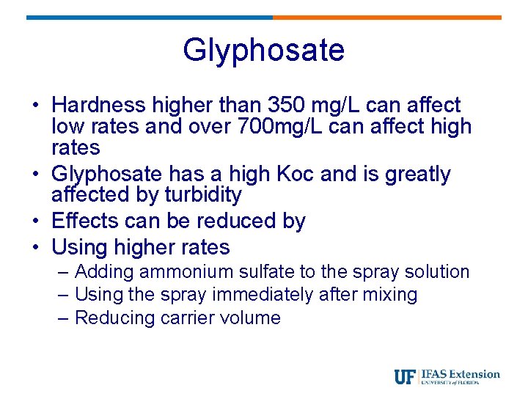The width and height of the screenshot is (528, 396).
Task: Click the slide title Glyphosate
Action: click(263, 51)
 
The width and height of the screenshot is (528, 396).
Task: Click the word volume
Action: click(244, 318)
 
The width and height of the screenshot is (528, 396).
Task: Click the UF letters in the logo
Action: click(405, 377)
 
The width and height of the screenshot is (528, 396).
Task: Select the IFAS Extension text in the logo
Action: click(461, 375)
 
